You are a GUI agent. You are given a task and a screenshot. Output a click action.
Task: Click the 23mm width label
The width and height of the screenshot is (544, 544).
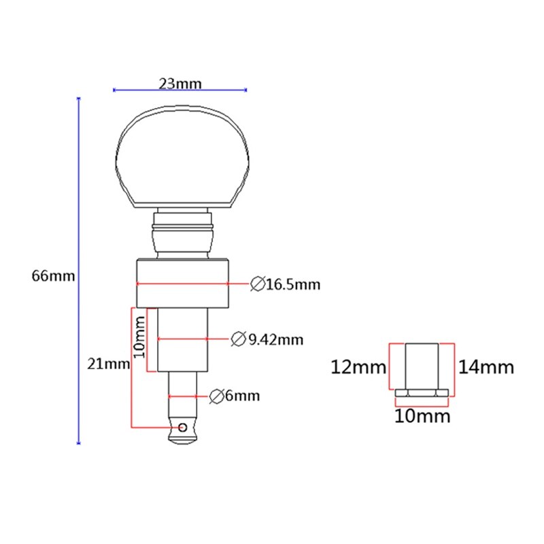point(180,84)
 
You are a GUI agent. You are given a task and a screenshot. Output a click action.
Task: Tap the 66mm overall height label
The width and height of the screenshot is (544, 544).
point(53,276)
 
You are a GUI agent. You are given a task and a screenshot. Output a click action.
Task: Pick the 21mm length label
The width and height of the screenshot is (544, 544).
point(108,363)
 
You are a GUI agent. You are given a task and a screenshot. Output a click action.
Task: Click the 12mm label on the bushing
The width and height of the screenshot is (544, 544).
point(358,368)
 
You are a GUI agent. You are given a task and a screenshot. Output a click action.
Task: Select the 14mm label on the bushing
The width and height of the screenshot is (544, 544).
point(486,368)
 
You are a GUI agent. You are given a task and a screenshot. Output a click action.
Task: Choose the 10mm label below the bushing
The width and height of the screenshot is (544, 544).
point(422,415)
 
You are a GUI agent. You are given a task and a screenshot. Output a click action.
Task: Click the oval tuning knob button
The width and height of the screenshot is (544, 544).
point(182,156)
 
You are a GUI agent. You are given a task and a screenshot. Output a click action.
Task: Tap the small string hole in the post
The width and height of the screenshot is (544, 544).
point(183,427)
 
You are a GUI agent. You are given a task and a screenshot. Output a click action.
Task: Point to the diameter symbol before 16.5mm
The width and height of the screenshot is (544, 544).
point(257,284)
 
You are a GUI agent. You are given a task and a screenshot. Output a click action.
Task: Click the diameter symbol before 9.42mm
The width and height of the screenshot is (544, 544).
point(239,339)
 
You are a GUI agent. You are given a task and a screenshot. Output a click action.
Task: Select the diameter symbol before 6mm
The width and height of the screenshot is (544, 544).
point(217,395)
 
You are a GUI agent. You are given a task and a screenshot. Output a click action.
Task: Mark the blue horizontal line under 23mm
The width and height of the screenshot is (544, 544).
point(180,90)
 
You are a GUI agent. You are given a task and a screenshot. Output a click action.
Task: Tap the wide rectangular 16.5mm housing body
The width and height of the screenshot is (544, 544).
point(182,283)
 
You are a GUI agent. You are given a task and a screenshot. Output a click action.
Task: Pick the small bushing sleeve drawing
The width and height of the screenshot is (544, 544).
point(422,371)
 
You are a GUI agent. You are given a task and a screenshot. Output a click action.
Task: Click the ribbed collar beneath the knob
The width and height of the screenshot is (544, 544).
point(182,232)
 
